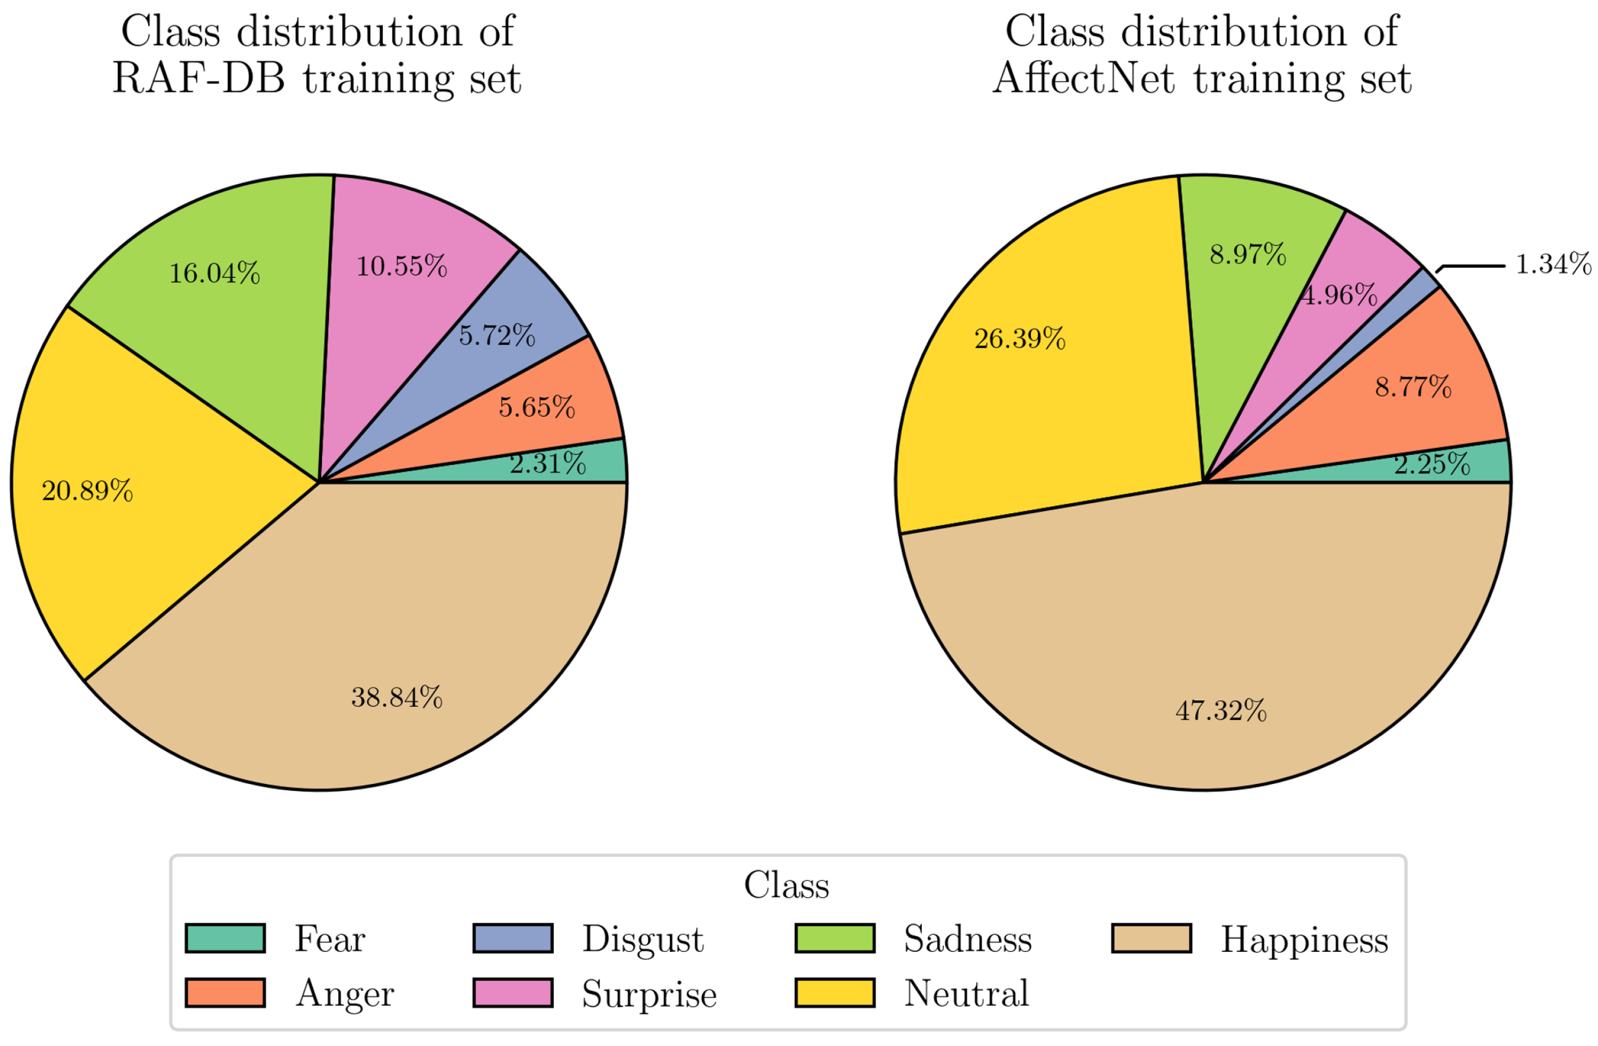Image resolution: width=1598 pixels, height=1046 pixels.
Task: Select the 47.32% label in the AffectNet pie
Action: pos(1221,710)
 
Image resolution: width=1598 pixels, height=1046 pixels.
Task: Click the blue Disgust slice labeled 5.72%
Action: pos(497,335)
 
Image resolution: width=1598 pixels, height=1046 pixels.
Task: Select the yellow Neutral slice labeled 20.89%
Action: pos(87,491)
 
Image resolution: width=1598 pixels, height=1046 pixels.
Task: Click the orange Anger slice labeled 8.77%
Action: pos(1413,388)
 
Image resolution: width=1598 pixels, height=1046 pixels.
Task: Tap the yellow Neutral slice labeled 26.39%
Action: pos(1020,339)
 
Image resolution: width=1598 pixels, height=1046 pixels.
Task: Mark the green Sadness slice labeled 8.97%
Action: pos(1248,255)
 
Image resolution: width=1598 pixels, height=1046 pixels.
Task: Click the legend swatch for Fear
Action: pos(225,938)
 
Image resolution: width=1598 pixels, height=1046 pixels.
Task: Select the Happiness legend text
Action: pos(1304,940)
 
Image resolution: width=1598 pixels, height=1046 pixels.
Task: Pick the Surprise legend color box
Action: pos(513,993)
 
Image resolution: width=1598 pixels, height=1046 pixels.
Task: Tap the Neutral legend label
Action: pos(966,993)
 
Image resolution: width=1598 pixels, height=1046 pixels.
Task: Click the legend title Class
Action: pos(786,885)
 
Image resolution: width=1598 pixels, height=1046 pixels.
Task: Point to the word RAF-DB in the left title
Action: pos(198,78)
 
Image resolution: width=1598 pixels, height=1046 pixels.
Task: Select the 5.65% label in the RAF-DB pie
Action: pos(536,407)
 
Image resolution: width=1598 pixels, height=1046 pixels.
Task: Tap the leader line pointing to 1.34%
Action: pos(1474,267)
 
